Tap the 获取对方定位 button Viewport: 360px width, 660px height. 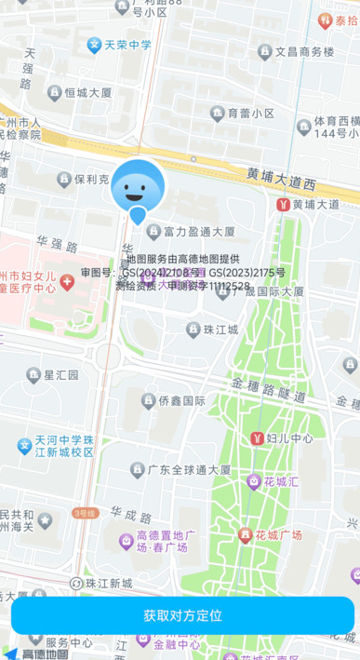pyautogui.click(x=182, y=615)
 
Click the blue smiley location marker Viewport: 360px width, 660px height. pyautogui.click(x=137, y=190)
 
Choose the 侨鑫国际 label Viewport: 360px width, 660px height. pyautogui.click(x=173, y=400)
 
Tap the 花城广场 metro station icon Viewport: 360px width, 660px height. pyautogui.click(x=247, y=535)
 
